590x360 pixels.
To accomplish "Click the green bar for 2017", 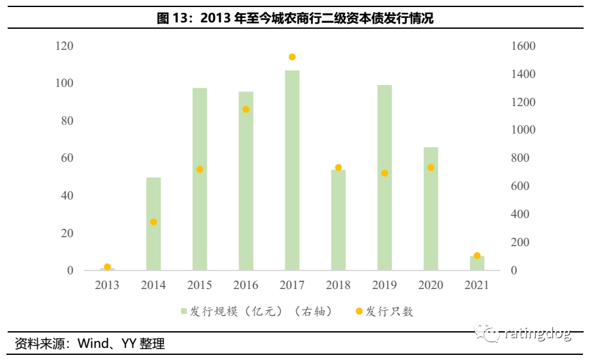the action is pos(292,170).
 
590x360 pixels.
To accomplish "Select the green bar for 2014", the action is pos(154,224).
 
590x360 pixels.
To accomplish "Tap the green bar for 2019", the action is pos(385,178).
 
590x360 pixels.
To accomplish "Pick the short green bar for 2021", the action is pos(477,263).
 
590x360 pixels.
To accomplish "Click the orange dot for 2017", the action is pos(292,57).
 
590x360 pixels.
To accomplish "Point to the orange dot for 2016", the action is pos(246,109).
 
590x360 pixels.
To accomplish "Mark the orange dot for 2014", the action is pos(154,222).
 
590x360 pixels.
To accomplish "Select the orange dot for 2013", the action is pos(108,267).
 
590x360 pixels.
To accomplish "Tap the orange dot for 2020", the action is pos(431,168).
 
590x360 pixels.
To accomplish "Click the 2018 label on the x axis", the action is pos(338,285).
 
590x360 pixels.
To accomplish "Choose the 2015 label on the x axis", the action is pos(200,285).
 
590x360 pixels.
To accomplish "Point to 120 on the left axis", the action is pos(65,46).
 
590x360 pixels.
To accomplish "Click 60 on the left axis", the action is pos(67,158).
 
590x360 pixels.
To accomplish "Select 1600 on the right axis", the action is pos(523,46).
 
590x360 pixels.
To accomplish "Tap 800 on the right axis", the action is pos(520,158).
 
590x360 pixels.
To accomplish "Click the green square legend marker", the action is pos(184,311).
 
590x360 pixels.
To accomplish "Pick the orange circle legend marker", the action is pos(359,311).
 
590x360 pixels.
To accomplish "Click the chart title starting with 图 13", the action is pos(295,18).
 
